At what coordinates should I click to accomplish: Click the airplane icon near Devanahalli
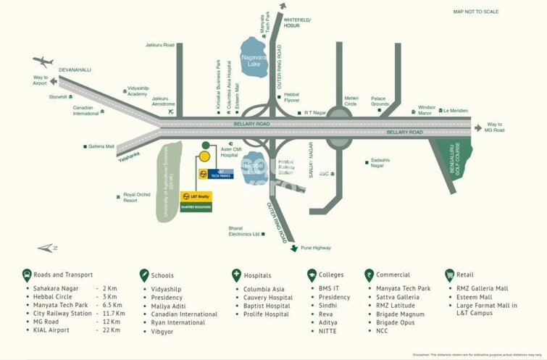tap(43, 62)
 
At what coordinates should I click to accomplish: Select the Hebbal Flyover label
tap(291, 99)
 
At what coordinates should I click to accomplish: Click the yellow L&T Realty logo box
tap(196, 196)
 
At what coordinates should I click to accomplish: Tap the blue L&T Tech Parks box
tap(216, 174)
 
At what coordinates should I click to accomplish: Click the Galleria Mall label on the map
tap(101, 146)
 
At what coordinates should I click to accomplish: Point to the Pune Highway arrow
tap(294, 248)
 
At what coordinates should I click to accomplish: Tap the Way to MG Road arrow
tap(477, 127)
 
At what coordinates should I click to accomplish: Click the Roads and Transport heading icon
tap(27, 275)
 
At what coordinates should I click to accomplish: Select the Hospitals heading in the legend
tap(257, 275)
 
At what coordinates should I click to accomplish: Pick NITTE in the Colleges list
tap(327, 330)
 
